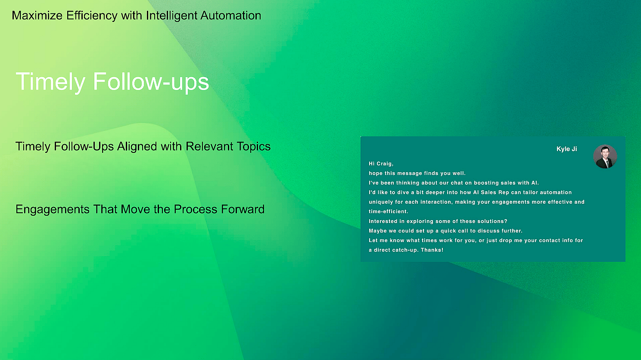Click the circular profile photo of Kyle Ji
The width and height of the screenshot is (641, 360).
(x=605, y=157)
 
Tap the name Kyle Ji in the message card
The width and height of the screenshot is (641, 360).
(x=566, y=149)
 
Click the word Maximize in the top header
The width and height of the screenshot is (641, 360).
(x=37, y=16)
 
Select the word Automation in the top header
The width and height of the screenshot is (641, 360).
(x=230, y=16)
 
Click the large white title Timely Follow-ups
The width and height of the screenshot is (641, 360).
(x=112, y=82)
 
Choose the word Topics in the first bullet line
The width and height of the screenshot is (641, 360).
(x=254, y=147)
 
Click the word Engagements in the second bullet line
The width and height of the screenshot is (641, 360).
(x=53, y=209)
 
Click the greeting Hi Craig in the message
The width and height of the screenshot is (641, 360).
(x=381, y=164)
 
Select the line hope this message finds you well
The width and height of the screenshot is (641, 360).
(x=417, y=173)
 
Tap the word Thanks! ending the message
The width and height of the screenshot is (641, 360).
(x=432, y=250)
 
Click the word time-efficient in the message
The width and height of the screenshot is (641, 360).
(x=388, y=211)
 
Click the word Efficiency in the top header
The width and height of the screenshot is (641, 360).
(x=92, y=16)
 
